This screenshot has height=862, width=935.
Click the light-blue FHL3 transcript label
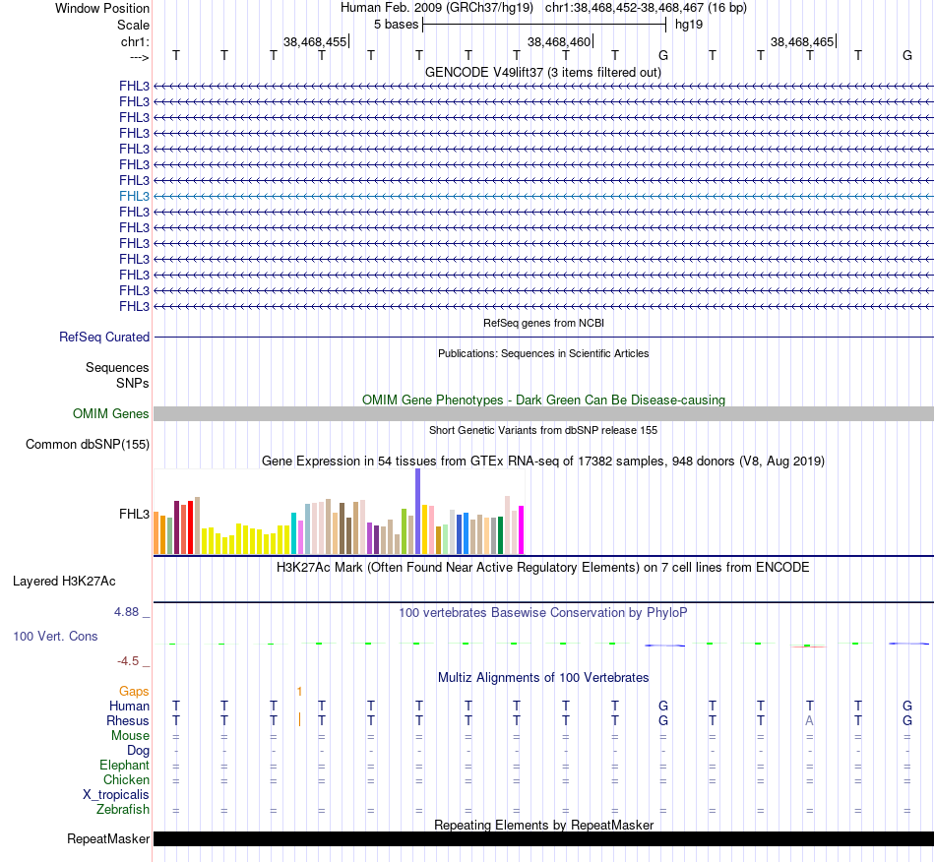[135, 196]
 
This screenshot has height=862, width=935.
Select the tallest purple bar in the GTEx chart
[417, 512]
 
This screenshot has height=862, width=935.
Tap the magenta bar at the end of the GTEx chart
[522, 529]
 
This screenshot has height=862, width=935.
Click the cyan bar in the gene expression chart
[293, 532]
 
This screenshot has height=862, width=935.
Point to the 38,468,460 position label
[559, 41]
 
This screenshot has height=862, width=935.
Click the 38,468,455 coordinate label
[315, 41]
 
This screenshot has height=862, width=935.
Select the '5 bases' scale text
[396, 24]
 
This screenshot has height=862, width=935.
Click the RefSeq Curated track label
[104, 337]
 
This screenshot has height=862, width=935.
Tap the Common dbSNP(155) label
[88, 445]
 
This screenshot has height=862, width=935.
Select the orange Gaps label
[134, 691]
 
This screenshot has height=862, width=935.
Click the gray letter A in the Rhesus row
[809, 720]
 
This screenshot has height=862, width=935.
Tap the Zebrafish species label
[123, 810]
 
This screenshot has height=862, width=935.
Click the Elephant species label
[124, 765]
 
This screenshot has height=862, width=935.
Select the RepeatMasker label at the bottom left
[108, 839]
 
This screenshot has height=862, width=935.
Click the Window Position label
[102, 8]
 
